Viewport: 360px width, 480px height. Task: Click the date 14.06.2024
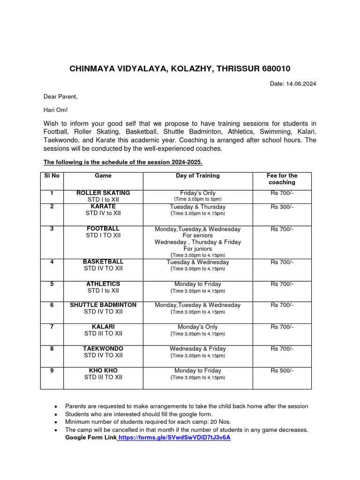pos(300,84)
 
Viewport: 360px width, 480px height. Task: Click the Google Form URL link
pos(174,437)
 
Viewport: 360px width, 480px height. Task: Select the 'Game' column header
pos(103,176)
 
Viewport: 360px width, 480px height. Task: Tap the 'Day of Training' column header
pos(197,176)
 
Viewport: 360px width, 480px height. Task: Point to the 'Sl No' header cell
pos(52,176)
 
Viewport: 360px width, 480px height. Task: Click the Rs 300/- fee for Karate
pos(282,207)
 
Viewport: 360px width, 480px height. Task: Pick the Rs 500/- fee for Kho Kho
pos(282,370)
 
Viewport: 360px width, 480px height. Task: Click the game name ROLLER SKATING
pos(103,193)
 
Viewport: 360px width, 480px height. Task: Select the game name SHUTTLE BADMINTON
pos(103,305)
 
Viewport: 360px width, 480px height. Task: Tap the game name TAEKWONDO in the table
pos(103,349)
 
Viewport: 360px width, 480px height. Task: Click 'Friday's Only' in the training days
pos(197,193)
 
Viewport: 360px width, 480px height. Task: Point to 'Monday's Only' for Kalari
pos(197,327)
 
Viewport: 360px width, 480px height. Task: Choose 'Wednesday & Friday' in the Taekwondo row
pos(197,349)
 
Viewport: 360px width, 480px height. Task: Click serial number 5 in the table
pos(52,284)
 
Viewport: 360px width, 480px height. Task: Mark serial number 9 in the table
pos(52,370)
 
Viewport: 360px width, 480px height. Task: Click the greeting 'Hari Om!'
pos(56,110)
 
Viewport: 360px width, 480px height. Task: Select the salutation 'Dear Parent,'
pos(60,97)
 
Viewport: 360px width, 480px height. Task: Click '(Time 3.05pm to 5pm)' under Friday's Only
pos(197,199)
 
